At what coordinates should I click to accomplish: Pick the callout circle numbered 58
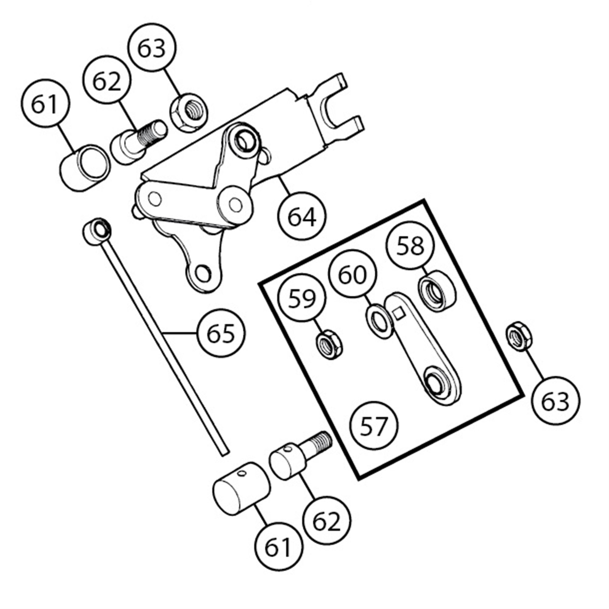point(410,246)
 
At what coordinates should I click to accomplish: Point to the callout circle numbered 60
point(352,274)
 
